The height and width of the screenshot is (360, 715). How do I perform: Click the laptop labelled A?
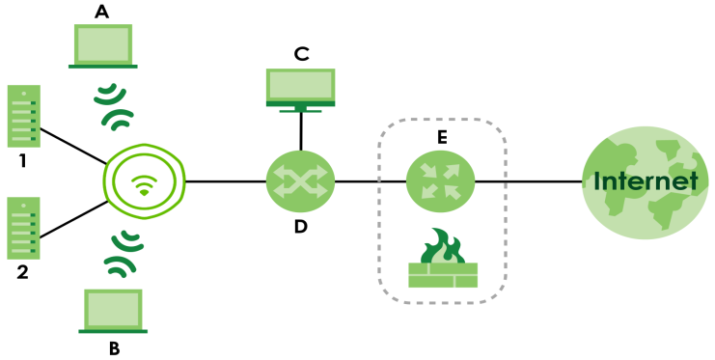coord(102,46)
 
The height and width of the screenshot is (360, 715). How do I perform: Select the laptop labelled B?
coord(113,311)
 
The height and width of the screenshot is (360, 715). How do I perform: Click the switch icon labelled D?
coord(300,181)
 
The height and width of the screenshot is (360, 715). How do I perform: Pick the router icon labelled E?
coord(440,181)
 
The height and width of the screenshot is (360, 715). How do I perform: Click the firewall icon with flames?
coord(442,259)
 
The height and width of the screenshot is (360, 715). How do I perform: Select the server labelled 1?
coord(24,116)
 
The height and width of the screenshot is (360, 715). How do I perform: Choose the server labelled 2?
coord(24,228)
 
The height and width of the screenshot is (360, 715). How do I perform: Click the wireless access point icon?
coord(144,181)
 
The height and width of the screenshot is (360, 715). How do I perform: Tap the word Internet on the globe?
coord(646,180)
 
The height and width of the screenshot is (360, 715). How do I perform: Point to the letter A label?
coord(101,12)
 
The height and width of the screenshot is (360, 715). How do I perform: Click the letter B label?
coord(114,349)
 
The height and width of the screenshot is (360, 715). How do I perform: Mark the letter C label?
coord(301,54)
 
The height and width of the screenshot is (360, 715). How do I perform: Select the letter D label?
coord(300,227)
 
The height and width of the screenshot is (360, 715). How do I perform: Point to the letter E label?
coord(441,137)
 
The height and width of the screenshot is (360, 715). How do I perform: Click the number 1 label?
coord(22,161)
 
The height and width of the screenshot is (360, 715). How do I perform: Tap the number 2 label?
coord(22,272)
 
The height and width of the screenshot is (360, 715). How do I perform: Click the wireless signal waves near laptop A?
coord(114,106)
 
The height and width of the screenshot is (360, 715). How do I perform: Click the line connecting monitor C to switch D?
coord(301,131)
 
